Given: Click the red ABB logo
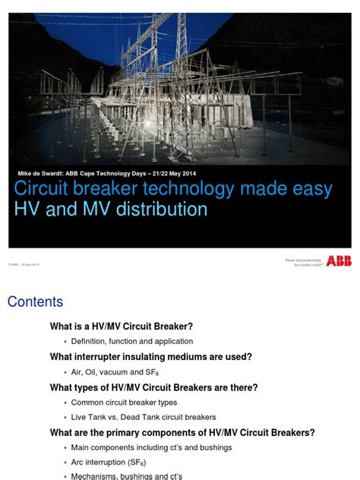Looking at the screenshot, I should pos(338,261).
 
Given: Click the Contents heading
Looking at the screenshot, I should pos(35,302).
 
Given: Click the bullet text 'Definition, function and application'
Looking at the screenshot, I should pos(132,342).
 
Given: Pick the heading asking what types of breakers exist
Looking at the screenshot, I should pos(153,387).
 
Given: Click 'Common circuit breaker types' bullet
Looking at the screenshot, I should pos(124,403).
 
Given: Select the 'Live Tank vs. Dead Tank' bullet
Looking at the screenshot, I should pos(144,418).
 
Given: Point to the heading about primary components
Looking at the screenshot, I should pos(182,433).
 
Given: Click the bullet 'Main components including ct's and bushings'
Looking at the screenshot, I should pos(152,448).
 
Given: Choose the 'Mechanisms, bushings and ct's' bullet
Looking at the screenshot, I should pos(127,476).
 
